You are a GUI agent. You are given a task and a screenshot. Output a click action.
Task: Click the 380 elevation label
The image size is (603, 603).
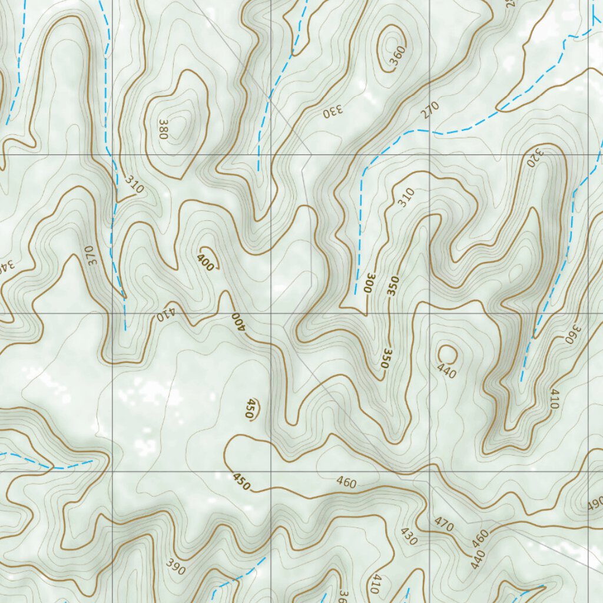pos(164,130)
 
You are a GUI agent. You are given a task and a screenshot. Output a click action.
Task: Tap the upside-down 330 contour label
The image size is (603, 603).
pos(332,112)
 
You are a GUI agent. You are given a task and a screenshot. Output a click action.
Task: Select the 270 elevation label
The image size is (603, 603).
pos(430,110)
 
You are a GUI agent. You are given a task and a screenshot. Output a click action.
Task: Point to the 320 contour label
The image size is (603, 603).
pos(535,157)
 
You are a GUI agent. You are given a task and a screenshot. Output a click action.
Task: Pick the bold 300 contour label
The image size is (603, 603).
pos(369,283)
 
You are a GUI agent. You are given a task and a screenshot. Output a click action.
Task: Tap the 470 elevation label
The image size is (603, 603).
pos(444,523)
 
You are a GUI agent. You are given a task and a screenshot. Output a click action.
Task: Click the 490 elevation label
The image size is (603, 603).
pos(595,505)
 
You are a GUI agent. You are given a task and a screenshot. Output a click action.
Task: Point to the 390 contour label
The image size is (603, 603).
pos(175,568)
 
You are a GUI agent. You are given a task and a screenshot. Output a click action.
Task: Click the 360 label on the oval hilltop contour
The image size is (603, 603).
pos(397,55)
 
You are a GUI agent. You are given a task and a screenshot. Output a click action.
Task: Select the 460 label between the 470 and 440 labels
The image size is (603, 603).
pos(481,537)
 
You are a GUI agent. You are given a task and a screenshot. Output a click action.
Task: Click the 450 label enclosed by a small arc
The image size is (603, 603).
pos(250,409)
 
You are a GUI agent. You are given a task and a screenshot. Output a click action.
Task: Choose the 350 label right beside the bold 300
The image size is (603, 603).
pos(393,286)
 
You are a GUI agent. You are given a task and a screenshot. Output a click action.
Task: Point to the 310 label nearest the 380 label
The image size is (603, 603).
pos(134,185)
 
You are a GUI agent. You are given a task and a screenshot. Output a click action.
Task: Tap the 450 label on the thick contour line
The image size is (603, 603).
pos(241,481)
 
